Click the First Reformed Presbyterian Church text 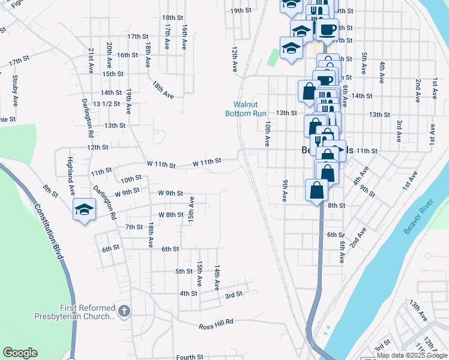pyautogui.click(x=87, y=312)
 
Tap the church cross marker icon pyautogui.click(x=124, y=311)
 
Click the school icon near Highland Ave pyautogui.click(x=84, y=210)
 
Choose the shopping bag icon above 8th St pyautogui.click(x=317, y=191)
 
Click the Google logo pyautogui.click(x=20, y=353)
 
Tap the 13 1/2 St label pyautogui.click(x=106, y=104)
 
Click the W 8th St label pyautogui.click(x=170, y=215)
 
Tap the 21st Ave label pyautogui.click(x=91, y=61)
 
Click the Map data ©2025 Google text pyautogui.click(x=412, y=355)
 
